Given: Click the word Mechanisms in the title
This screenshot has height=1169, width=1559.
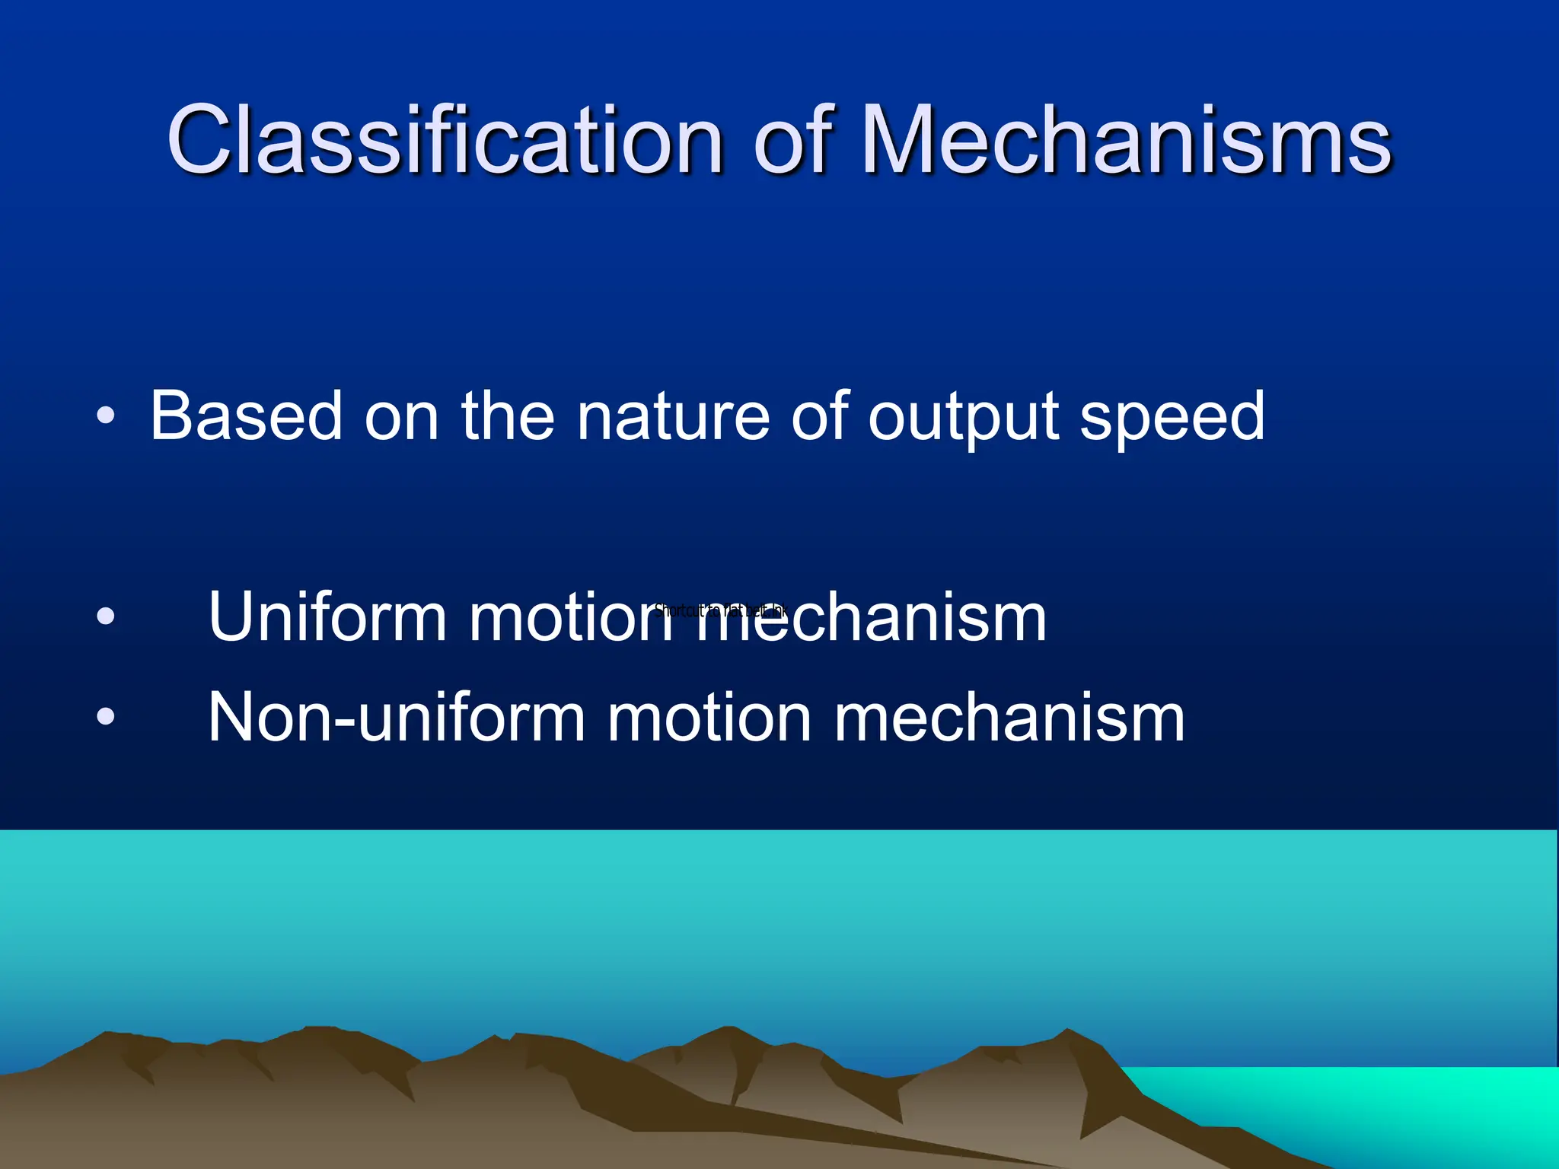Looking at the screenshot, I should click(x=1127, y=139).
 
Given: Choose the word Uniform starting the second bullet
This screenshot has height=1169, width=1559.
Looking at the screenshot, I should click(x=327, y=616).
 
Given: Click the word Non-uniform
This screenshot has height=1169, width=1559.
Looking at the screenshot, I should click(x=396, y=717).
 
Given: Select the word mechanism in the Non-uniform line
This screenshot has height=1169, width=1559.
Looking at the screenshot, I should click(x=1009, y=717).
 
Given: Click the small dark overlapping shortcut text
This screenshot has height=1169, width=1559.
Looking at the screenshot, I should click(x=720, y=610).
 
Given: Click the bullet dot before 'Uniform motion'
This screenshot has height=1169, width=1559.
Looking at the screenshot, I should click(x=106, y=616).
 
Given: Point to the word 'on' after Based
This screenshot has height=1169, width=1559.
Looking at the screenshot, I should click(x=401, y=417).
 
